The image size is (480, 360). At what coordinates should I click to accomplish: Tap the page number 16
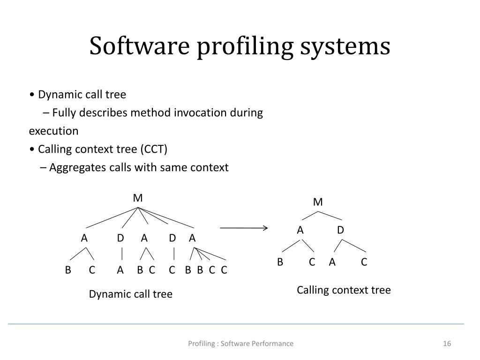tap(447, 344)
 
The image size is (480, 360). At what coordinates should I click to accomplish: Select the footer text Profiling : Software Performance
tap(240, 344)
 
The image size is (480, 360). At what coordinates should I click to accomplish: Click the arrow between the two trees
tap(244, 228)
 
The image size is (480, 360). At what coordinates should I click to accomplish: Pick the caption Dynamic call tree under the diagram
tap(131, 294)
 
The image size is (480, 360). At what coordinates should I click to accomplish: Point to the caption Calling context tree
tap(344, 290)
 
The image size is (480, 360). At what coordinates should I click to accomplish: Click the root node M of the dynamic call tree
tap(138, 198)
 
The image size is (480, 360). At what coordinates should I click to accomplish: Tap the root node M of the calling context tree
tap(318, 202)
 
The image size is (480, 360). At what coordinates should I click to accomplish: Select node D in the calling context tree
tap(341, 230)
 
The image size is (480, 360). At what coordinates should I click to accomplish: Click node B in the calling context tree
tap(280, 262)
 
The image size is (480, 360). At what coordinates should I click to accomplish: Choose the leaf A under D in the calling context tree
tap(332, 262)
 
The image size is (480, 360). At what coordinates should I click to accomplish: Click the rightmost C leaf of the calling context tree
tap(364, 262)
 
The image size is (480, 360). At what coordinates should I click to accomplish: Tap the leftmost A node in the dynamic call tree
tap(84, 238)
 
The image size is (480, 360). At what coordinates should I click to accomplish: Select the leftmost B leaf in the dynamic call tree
tap(68, 270)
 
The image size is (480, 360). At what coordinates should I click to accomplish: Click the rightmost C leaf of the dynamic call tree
tap(224, 270)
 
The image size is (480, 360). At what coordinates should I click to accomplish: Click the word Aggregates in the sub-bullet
tap(72, 167)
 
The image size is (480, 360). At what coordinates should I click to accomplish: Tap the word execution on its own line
tap(54, 131)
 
